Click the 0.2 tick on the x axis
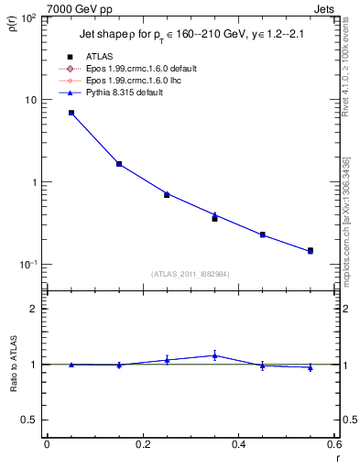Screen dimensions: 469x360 [142, 445]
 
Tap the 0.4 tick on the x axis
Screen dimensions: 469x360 [238, 445]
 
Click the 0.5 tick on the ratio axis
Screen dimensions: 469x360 [33, 420]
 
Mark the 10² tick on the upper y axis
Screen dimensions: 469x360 [29, 18]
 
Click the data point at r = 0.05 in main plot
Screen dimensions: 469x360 [71, 113]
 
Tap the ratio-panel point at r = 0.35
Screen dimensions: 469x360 [214, 355]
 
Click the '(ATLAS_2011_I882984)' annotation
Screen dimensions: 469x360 [191, 274]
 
